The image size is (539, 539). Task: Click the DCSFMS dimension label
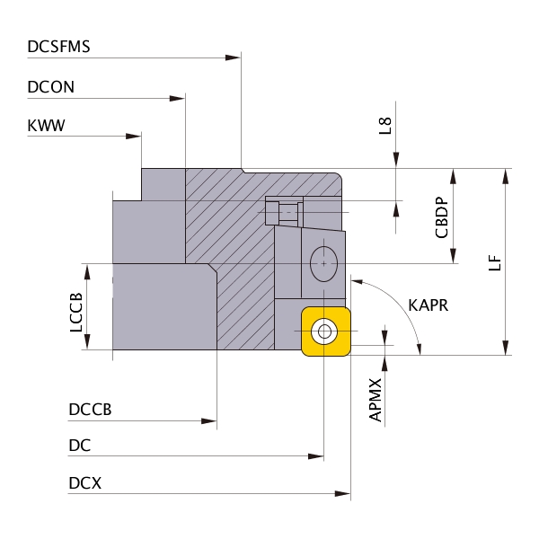point(59,47)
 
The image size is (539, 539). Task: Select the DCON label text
point(51,87)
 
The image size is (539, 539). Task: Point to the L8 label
point(385,126)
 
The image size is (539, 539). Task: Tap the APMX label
point(376,400)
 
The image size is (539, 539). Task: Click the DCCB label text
point(90,410)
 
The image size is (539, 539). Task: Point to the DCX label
point(84,483)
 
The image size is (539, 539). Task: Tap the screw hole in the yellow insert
point(323,331)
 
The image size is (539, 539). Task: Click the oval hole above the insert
point(322,263)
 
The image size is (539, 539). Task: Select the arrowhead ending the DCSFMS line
point(234,57)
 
